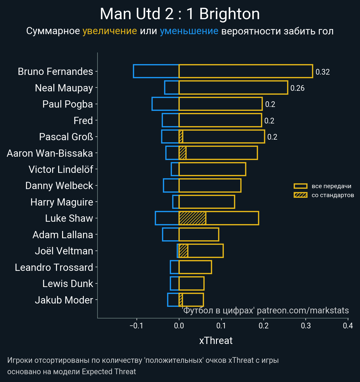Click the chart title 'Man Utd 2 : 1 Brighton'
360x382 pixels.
[x=180, y=14]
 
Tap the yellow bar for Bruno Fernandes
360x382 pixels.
[x=246, y=71]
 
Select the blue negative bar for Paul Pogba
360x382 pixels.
[x=165, y=104]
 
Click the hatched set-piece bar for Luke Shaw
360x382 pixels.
[x=192, y=218]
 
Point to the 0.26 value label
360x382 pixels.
[x=297, y=88]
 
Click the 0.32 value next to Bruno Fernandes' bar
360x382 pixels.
[x=322, y=72]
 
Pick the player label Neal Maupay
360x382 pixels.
[x=64, y=88]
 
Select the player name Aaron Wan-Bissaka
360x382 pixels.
[x=50, y=153]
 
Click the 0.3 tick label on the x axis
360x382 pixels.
[x=306, y=326]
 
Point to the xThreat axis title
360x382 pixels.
[x=216, y=341]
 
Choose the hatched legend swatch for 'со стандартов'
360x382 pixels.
[x=300, y=195]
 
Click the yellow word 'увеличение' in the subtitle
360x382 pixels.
[x=109, y=31]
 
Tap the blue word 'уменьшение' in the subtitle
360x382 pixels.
[x=189, y=31]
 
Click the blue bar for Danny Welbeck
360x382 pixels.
[x=171, y=185]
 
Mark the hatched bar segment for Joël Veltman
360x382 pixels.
[x=183, y=251]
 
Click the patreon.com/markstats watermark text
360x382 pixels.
[x=303, y=310]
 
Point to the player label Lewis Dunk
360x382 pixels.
[x=68, y=284]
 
